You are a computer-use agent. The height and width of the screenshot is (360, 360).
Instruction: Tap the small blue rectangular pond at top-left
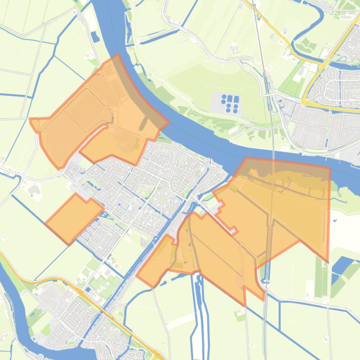tap(95, 36)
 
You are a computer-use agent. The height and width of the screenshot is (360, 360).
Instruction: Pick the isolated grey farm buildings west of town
tap(34, 189)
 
